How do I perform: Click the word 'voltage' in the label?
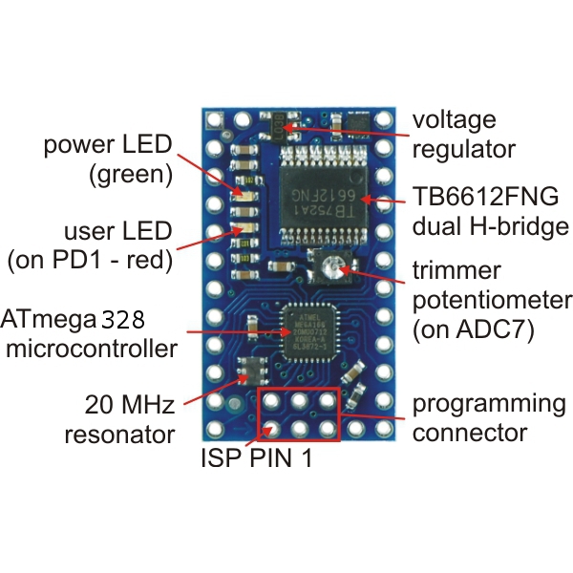(x=454, y=120)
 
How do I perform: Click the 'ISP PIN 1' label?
(x=256, y=458)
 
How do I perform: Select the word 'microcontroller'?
(x=92, y=348)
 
